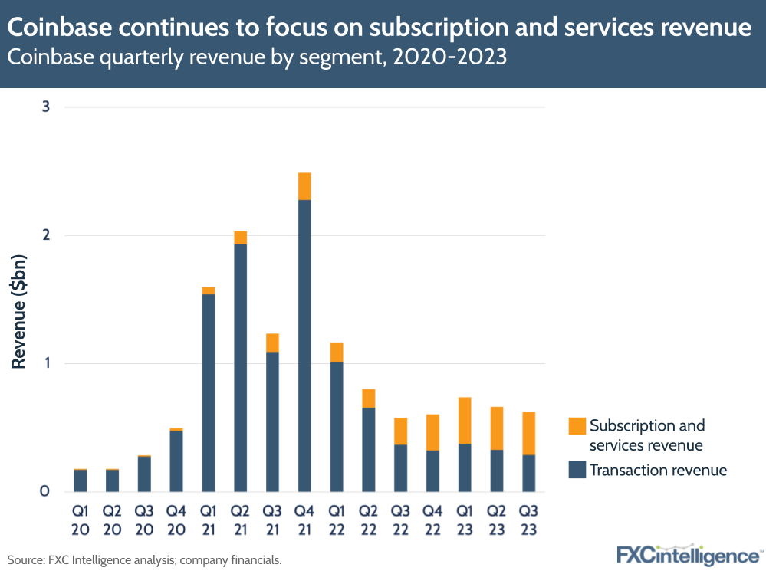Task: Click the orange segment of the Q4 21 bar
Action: pos(304,186)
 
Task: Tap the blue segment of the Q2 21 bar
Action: pos(240,368)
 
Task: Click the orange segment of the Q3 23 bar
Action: pos(528,433)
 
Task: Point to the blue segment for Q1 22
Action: pos(337,426)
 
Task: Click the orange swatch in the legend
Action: pos(577,426)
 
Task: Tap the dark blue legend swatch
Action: pos(577,470)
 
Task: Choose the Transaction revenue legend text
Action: pos(658,470)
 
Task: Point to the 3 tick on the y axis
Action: pos(46,107)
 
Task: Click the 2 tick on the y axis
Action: pos(46,235)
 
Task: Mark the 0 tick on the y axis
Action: pos(46,491)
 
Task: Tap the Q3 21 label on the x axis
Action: pos(272,519)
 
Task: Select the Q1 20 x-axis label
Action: pos(81,519)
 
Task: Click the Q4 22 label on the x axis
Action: pos(432,519)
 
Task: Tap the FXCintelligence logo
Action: pos(687,554)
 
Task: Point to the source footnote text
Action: pos(145,560)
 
